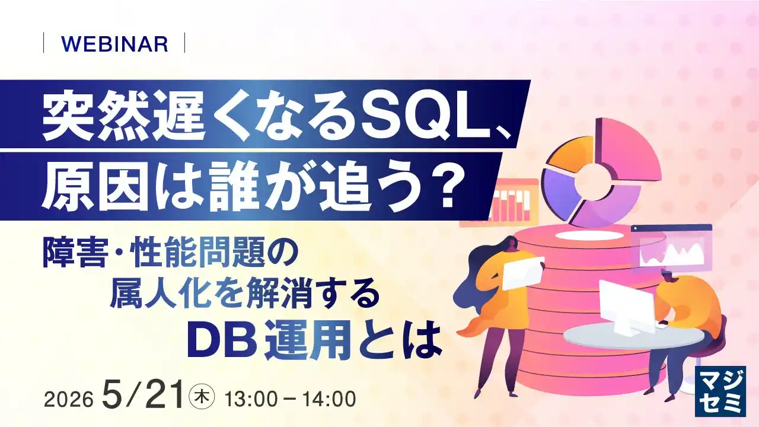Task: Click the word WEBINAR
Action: point(115,44)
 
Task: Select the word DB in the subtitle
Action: point(222,340)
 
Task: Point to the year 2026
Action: point(68,399)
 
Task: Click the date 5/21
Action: point(144,394)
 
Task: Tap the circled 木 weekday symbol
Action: point(202,397)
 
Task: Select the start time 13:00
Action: point(251,399)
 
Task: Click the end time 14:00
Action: point(329,399)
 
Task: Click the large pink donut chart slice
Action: point(627,149)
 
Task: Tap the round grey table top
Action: point(634,336)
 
